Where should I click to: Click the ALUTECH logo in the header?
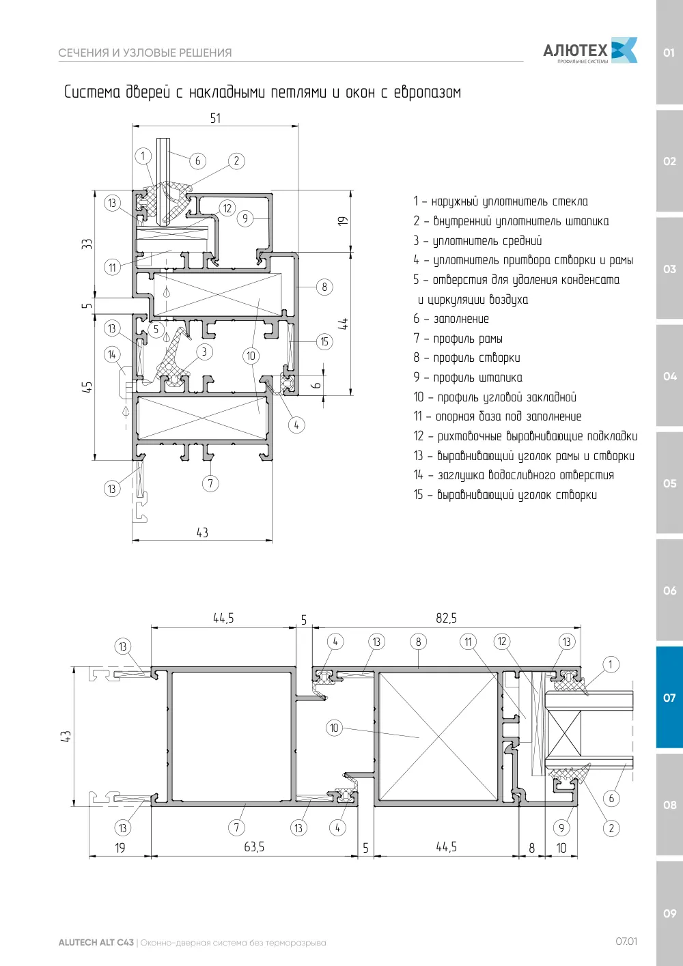point(590,51)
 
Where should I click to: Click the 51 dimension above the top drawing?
point(215,118)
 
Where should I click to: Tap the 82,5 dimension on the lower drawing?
point(446,618)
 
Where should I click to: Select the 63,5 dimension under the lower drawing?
point(253,847)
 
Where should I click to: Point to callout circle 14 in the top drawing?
point(112,354)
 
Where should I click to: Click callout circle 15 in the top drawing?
point(324,342)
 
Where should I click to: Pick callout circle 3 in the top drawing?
point(204,352)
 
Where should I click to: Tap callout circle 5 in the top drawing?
point(156,330)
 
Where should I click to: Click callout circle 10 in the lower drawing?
point(334,728)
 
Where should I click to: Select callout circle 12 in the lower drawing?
point(502,641)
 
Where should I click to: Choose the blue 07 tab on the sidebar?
point(669,697)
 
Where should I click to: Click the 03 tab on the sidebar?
point(669,269)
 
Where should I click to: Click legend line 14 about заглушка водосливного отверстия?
point(514,474)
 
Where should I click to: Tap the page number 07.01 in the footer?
point(626,941)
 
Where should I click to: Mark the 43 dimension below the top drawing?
point(202,532)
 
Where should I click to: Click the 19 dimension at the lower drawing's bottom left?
point(120,848)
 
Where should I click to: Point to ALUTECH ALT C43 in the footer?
point(96,942)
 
